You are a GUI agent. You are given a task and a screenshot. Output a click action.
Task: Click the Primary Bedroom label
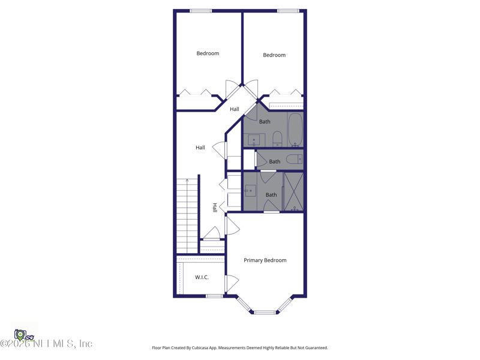click(x=265, y=260)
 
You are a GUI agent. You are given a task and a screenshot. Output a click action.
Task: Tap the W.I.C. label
click(x=202, y=277)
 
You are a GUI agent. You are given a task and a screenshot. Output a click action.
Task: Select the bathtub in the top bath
click(x=295, y=130)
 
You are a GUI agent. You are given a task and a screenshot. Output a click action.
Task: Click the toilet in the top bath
click(x=277, y=139)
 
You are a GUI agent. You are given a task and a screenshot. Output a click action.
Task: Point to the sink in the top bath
click(x=254, y=140)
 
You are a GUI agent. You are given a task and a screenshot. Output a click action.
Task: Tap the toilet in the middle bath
click(x=293, y=160)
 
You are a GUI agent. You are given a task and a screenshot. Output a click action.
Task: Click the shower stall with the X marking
click(x=293, y=192)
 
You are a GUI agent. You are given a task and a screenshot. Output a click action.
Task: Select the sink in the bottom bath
click(x=250, y=191)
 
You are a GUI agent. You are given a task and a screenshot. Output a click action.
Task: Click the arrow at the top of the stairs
click(x=187, y=180)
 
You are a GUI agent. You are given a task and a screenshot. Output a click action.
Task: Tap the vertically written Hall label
click(x=215, y=208)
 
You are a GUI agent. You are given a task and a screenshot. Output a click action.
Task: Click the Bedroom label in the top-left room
click(x=208, y=53)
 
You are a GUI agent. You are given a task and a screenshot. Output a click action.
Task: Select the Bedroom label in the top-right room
click(x=274, y=55)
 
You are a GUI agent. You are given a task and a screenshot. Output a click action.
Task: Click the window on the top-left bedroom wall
click(x=200, y=11)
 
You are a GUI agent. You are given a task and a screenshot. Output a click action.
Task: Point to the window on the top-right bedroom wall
click(x=288, y=11)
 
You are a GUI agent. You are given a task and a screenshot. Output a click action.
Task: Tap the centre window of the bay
click(x=265, y=312)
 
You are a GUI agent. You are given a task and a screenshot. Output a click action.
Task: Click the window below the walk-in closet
click(x=214, y=296)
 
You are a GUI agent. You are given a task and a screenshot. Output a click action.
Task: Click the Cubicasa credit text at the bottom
click(x=240, y=348)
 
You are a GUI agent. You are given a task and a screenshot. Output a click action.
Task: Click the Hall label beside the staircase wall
click(x=200, y=148)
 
